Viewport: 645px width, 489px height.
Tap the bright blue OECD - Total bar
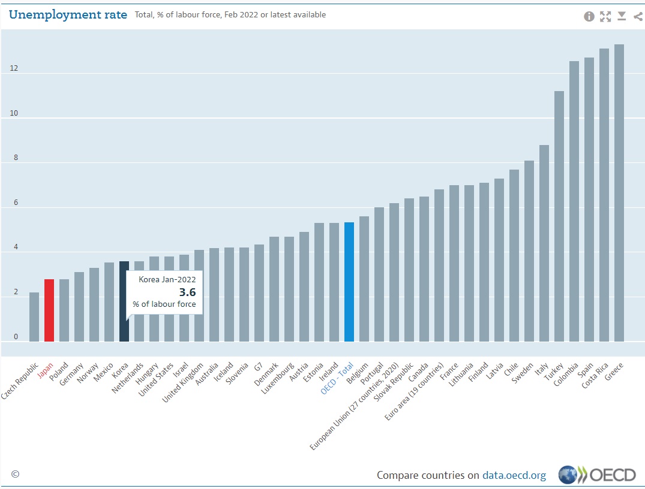point(349,282)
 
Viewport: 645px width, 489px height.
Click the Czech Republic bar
point(34,317)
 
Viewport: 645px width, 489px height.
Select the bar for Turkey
point(559,216)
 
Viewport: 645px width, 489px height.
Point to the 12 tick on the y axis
point(14,68)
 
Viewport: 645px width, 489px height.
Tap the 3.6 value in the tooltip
point(187,292)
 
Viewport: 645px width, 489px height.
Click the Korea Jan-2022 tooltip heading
point(167,279)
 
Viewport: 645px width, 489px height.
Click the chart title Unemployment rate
point(68,15)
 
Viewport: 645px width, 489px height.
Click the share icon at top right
point(637,16)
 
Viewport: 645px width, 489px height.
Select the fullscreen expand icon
point(605,16)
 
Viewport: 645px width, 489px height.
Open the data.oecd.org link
point(514,475)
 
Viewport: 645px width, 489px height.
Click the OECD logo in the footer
point(597,475)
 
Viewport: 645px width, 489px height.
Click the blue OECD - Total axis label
point(337,378)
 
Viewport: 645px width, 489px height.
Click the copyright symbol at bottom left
point(15,474)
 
